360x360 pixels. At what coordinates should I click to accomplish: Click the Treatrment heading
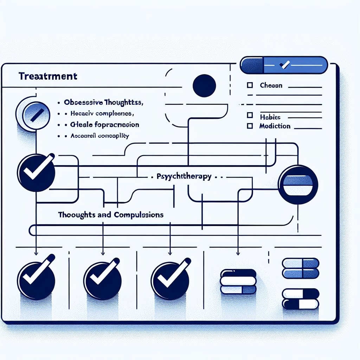tap(48, 76)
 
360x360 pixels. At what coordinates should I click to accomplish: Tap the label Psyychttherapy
tap(184, 177)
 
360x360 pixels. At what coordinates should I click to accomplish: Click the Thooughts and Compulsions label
tap(111, 214)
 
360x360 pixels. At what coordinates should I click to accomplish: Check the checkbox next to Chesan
tap(250, 85)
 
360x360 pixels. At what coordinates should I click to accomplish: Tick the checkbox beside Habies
tap(250, 115)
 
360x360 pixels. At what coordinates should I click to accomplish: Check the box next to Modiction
tap(250, 126)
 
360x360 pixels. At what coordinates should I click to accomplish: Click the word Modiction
tap(275, 126)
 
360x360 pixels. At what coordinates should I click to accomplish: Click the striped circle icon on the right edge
tap(298, 184)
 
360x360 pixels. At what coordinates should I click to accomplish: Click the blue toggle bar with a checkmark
tap(283, 65)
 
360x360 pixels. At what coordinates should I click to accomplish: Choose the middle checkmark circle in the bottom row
tap(103, 276)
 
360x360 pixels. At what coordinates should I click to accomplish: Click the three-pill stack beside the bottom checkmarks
tap(238, 281)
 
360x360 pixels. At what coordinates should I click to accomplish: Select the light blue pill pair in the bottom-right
tap(301, 268)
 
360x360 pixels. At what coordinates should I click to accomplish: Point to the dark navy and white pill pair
tap(301, 298)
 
